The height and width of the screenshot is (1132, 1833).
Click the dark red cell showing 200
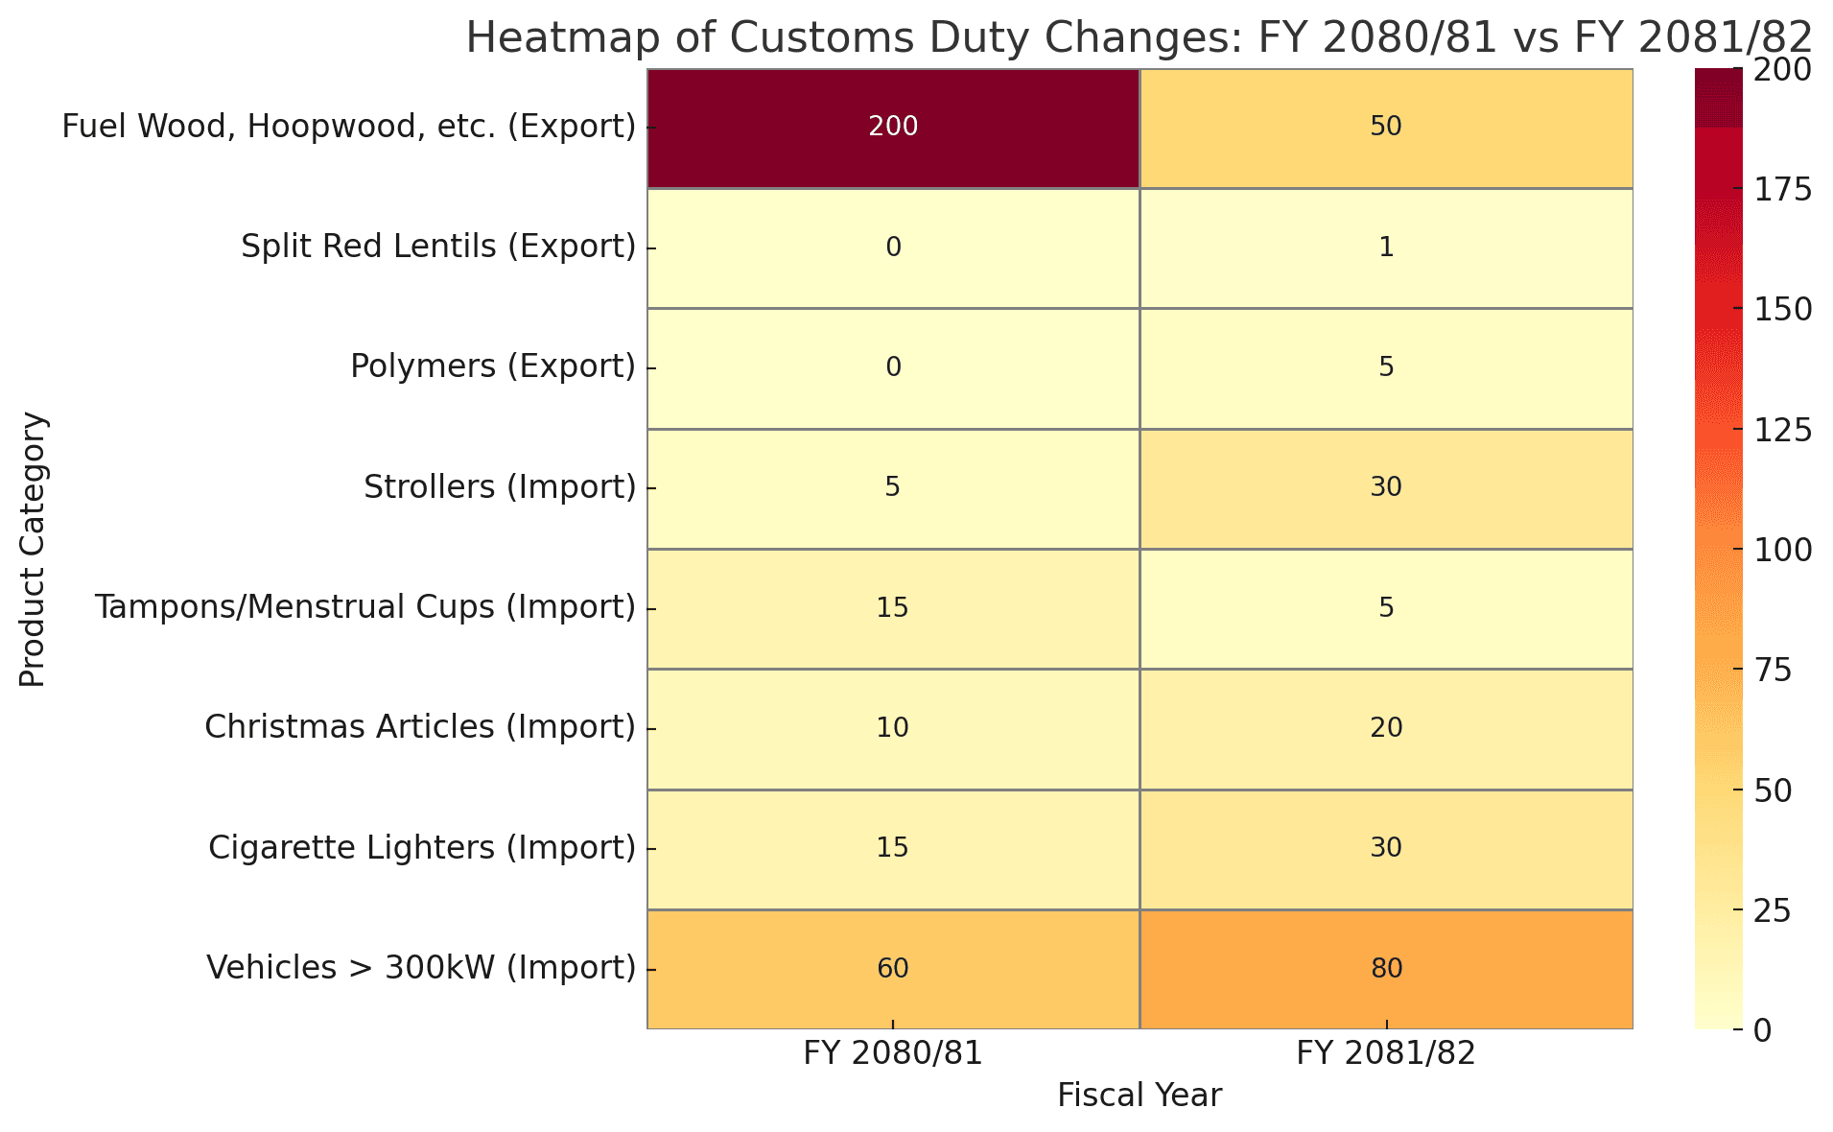click(893, 128)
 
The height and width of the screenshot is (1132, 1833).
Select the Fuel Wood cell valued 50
click(1386, 128)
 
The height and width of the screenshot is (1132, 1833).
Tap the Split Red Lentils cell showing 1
click(1386, 248)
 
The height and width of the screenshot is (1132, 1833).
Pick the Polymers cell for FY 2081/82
click(1386, 367)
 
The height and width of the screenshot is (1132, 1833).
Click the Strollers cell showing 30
click(1386, 487)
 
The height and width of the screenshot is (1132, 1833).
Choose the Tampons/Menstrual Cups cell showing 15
click(893, 608)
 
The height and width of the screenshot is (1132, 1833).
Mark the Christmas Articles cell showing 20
click(1386, 728)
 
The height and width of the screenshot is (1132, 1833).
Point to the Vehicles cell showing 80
click(1386, 969)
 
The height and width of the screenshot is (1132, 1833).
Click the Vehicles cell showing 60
click(893, 969)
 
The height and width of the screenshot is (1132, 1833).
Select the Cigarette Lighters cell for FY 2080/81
click(893, 848)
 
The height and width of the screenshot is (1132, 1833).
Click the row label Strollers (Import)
click(500, 487)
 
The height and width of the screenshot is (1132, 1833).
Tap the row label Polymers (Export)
click(493, 367)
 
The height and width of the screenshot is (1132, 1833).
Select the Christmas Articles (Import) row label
click(420, 728)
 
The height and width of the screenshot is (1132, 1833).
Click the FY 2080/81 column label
click(893, 1054)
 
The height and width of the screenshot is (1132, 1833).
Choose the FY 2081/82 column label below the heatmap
click(1386, 1054)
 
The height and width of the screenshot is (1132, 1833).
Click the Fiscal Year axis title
click(1140, 1096)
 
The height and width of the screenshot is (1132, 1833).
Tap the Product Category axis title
click(33, 549)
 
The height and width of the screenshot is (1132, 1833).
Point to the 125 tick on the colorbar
click(1783, 430)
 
